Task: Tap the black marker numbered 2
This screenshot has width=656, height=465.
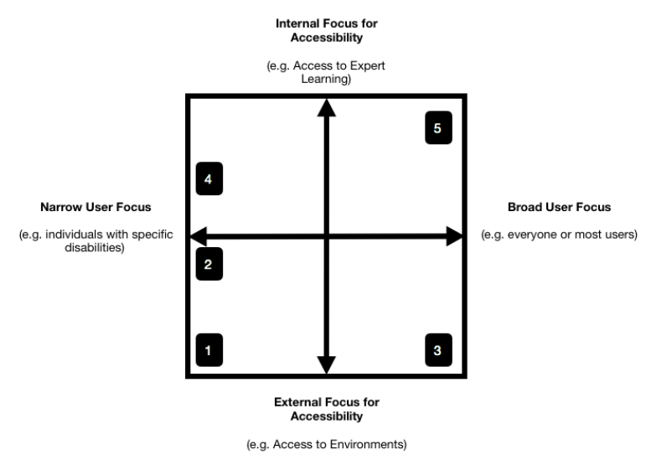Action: [x=209, y=265]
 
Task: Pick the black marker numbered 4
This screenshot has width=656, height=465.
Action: [x=209, y=179]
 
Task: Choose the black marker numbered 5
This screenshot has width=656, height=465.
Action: [x=437, y=128]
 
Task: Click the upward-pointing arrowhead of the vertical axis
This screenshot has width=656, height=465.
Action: [x=326, y=106]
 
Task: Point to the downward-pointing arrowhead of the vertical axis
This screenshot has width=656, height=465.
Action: [x=326, y=365]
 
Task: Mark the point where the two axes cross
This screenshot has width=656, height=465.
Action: [x=326, y=236]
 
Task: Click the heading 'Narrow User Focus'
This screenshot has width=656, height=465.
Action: [x=95, y=207]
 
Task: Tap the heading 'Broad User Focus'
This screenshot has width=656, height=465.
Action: [x=559, y=207]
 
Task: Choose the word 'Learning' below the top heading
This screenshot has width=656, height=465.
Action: [x=326, y=80]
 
